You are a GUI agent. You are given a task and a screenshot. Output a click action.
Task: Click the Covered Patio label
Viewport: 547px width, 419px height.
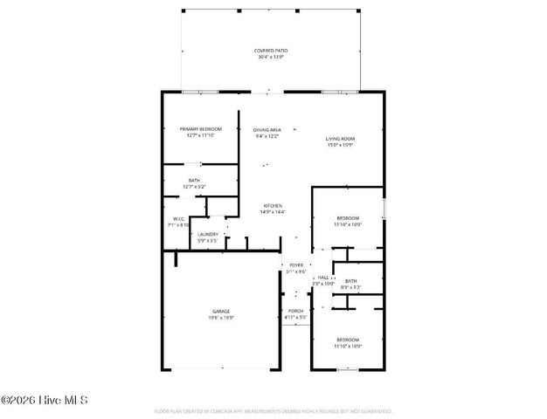[271, 51]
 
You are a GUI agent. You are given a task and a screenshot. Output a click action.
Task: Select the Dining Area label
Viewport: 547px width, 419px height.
[267, 129]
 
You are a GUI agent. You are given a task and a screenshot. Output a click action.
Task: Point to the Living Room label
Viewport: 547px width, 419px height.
[341, 139]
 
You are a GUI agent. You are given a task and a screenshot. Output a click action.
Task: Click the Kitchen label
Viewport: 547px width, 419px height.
[272, 206]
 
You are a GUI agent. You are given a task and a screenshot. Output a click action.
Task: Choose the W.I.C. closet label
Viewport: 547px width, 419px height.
[177, 219]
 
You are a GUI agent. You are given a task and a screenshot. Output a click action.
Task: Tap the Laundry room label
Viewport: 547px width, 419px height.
[208, 234]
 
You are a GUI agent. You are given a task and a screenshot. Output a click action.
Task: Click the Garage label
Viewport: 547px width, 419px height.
[221, 312]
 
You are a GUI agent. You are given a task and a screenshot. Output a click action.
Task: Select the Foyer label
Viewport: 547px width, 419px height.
[295, 265]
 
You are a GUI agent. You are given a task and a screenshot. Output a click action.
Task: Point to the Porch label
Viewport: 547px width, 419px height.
[295, 312]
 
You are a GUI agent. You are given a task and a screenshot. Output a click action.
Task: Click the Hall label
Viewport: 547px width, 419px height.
[323, 278]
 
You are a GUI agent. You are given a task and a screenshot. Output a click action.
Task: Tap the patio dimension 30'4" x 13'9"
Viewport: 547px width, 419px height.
[271, 57]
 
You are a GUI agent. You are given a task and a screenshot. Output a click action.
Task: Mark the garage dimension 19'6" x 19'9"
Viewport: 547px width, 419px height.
[221, 318]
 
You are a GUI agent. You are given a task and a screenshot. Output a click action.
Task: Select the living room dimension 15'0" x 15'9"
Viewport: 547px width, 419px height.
[341, 145]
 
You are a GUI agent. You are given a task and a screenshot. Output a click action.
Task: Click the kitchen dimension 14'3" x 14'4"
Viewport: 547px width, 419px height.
[272, 212]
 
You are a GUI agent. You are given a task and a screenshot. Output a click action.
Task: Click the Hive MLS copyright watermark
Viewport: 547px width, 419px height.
[45, 401]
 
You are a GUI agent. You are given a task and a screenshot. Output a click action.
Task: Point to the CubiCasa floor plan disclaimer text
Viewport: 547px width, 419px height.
[273, 410]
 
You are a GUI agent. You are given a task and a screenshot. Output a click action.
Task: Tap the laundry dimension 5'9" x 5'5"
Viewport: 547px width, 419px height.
[208, 240]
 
